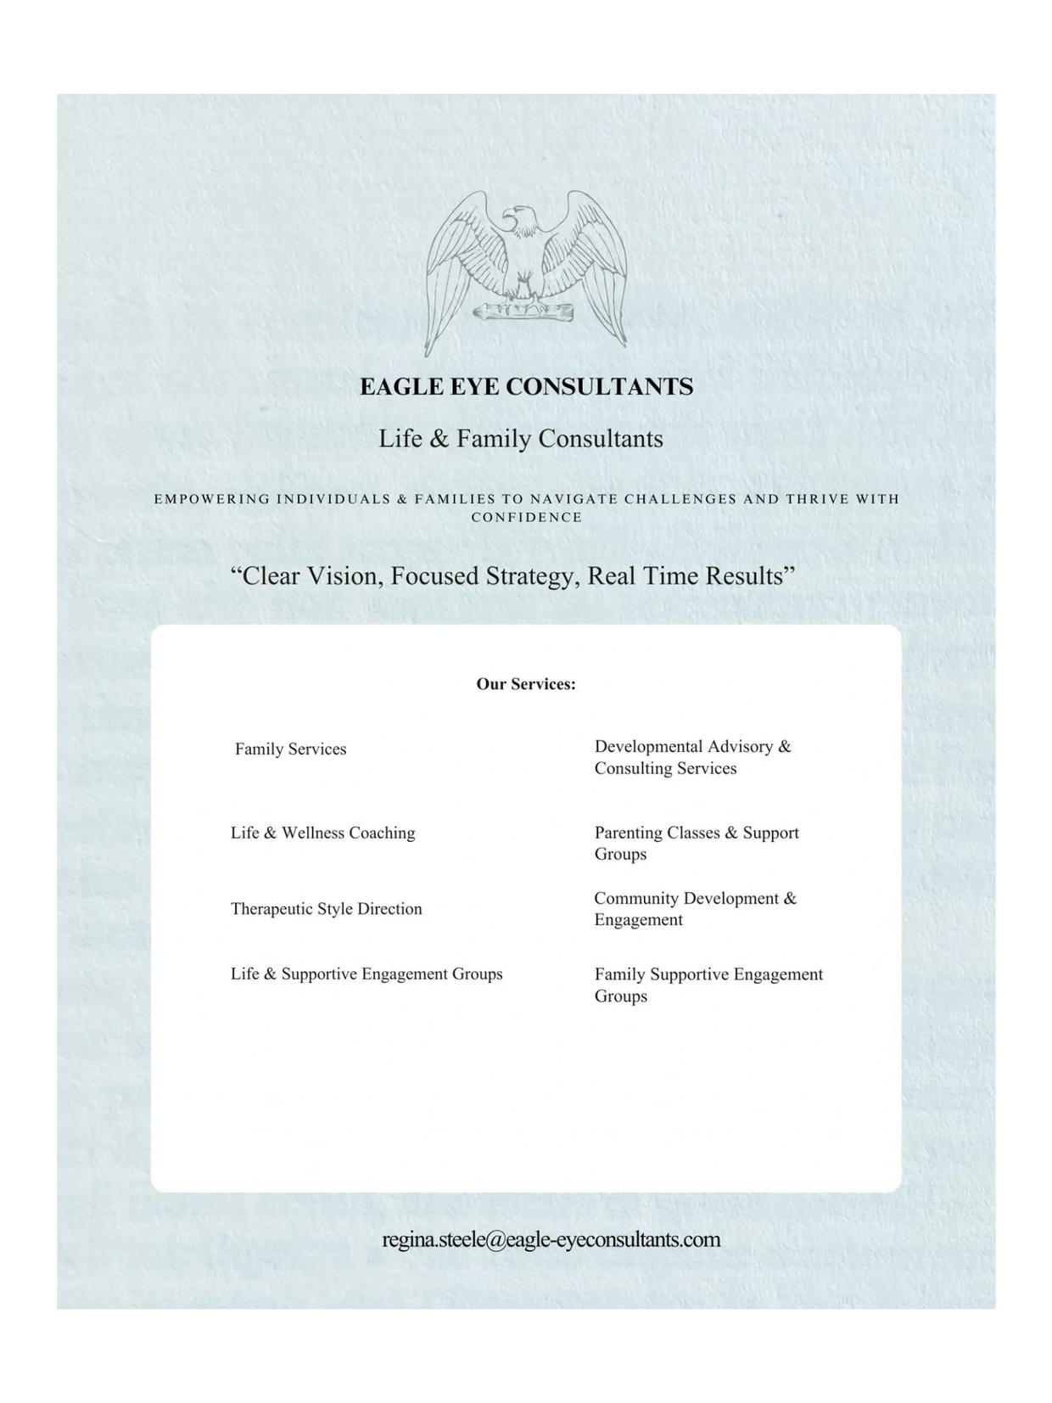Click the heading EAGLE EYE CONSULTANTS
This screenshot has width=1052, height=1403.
[526, 387]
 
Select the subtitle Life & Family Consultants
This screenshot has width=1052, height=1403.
[520, 439]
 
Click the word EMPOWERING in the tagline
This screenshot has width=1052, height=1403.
[212, 499]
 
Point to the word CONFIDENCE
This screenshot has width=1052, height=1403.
[526, 518]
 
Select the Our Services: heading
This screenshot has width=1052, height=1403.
[525, 684]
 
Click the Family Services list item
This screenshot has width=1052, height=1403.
[291, 749]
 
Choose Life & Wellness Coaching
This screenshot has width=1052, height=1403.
[322, 833]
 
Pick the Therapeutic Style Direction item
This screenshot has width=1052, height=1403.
[326, 909]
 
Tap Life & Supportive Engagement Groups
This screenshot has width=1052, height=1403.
[367, 974]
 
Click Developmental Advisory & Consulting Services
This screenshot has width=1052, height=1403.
[691, 757]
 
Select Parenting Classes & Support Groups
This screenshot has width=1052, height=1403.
[696, 843]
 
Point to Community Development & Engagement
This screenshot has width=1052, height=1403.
[695, 909]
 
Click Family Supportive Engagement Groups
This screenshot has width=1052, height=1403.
[708, 985]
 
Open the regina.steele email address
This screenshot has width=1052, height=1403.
[551, 1239]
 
